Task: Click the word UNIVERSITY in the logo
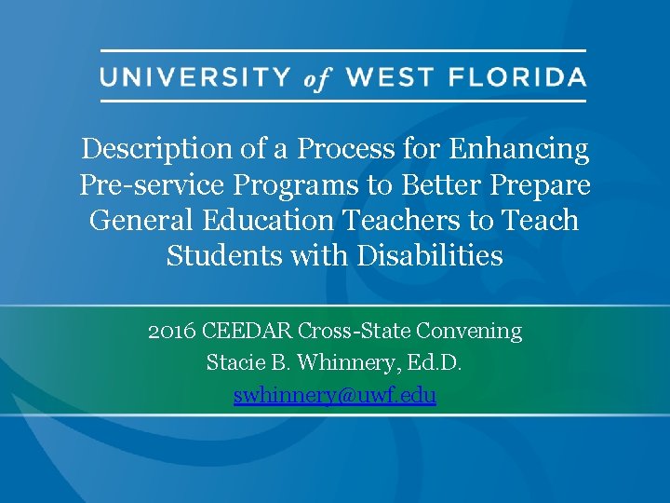pos(196,76)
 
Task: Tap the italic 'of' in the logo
pos(316,79)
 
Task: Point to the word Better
pos(445,184)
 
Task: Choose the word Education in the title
pos(267,220)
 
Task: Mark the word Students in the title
pos(223,255)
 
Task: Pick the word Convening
pos(469,331)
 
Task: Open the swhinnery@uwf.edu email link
pos(335,395)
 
